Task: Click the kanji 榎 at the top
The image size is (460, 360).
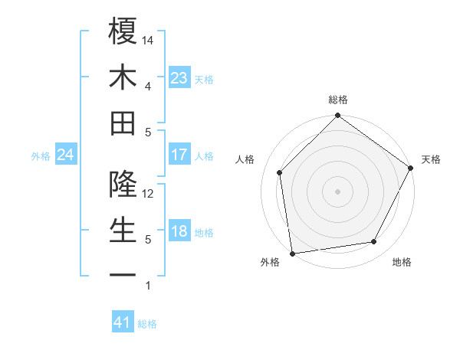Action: point(123,31)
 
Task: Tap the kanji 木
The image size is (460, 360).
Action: point(123,77)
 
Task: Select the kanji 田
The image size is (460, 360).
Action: point(123,123)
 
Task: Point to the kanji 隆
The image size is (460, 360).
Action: point(123,185)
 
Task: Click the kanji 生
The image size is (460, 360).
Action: point(123,231)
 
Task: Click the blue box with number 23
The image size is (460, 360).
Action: point(179,77)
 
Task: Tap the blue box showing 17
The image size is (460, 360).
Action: point(179,155)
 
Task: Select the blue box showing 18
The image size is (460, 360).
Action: point(179,231)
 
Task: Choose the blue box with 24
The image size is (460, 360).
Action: point(66,155)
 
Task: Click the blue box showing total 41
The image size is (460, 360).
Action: point(123,322)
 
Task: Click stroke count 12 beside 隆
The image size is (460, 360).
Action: point(149,194)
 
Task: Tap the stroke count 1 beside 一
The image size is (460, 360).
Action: point(148,286)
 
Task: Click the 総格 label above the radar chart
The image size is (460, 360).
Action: point(338,100)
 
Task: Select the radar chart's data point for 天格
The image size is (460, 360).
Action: point(411,168)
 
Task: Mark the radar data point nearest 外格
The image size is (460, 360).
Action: point(292,252)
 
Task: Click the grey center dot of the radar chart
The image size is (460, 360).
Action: point(337,191)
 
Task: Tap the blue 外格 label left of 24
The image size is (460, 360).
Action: point(41,155)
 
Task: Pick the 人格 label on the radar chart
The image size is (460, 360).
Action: point(245,159)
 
